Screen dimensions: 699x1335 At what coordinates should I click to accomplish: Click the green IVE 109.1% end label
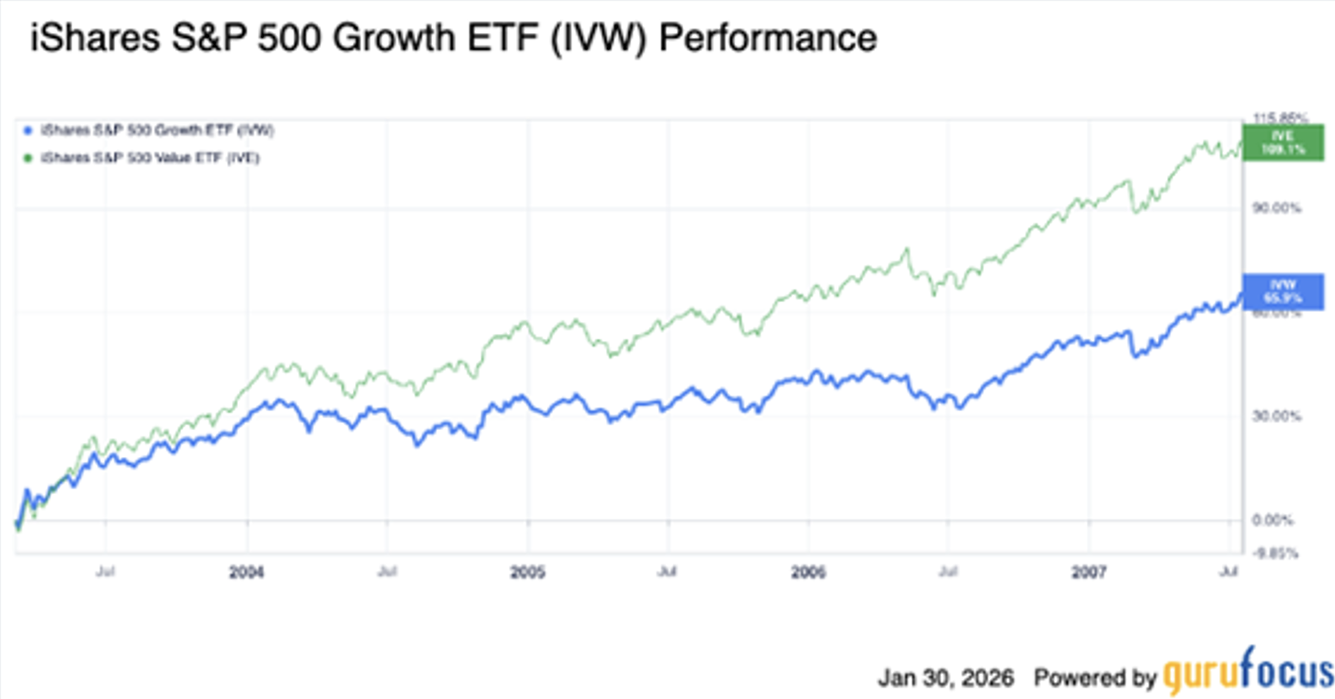[x=1283, y=143]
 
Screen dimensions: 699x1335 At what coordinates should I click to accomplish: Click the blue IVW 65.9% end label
[x=1283, y=291]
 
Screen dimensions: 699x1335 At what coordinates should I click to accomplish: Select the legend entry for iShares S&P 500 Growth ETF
[x=157, y=130]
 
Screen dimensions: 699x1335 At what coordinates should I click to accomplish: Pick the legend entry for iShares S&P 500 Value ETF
[x=150, y=158]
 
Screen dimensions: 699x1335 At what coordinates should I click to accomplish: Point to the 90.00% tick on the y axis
[x=1276, y=208]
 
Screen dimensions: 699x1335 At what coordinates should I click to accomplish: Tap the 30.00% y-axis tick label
[x=1276, y=417]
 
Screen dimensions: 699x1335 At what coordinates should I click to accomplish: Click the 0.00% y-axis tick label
[x=1272, y=520]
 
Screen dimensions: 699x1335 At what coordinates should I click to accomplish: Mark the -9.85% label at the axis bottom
[x=1275, y=553]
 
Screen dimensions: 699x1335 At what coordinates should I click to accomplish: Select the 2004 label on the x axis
[x=247, y=573]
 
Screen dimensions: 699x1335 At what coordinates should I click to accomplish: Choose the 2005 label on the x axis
[x=528, y=573]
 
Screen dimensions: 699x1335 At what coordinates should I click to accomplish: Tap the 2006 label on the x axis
[x=808, y=573]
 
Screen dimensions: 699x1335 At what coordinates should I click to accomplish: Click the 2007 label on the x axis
[x=1088, y=573]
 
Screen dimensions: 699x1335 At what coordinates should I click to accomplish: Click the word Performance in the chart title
[x=768, y=38]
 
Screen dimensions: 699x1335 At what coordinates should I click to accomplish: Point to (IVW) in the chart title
[x=598, y=38]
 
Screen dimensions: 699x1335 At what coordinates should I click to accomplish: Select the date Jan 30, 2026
[x=946, y=678]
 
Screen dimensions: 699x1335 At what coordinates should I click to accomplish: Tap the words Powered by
[x=1095, y=678]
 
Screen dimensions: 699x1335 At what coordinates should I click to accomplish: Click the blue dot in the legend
[x=28, y=131]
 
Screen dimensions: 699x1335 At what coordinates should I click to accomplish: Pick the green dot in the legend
[x=28, y=158]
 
